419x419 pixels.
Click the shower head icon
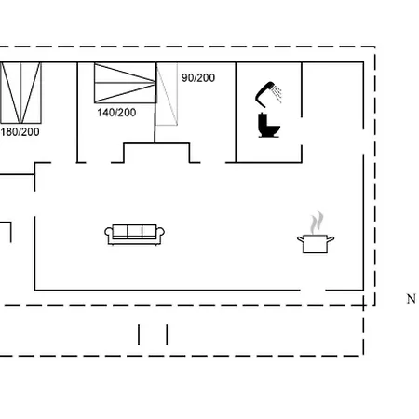(x=265, y=94)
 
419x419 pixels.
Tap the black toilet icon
(x=269, y=125)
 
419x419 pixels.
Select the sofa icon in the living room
(x=135, y=235)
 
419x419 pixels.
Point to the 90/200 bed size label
(x=198, y=78)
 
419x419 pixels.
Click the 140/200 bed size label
(x=116, y=113)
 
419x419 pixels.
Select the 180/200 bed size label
(x=20, y=132)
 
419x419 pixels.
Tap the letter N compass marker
(x=412, y=299)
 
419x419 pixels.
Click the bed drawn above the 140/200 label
(x=126, y=83)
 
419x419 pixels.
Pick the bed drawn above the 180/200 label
(x=20, y=93)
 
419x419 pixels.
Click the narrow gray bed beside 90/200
(x=167, y=94)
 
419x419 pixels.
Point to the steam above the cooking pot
(x=317, y=223)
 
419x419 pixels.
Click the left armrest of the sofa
(x=108, y=235)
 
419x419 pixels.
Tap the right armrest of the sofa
(x=160, y=235)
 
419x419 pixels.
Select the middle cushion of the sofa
(x=135, y=231)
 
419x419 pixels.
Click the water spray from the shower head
(x=277, y=94)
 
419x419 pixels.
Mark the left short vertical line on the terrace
(x=139, y=334)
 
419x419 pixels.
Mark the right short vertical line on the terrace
(x=167, y=334)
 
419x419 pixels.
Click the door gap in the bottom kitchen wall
(x=313, y=291)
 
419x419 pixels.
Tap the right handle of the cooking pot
(x=331, y=238)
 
